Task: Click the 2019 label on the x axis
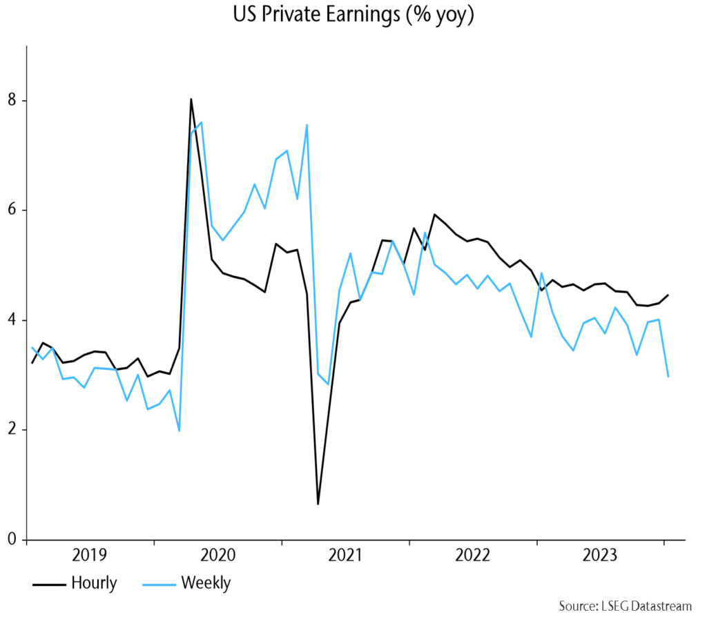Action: [90, 556]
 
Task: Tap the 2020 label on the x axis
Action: [217, 556]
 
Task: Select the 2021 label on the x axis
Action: [345, 556]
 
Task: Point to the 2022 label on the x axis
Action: [473, 556]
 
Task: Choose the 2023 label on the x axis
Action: [601, 556]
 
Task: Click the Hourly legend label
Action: [94, 583]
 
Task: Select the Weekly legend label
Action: [206, 583]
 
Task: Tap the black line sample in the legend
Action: [48, 584]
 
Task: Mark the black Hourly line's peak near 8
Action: [191, 99]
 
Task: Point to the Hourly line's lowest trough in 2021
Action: [318, 504]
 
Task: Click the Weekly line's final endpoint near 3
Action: [668, 377]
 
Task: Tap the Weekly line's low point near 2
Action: [179, 431]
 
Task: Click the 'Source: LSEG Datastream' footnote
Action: [625, 607]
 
